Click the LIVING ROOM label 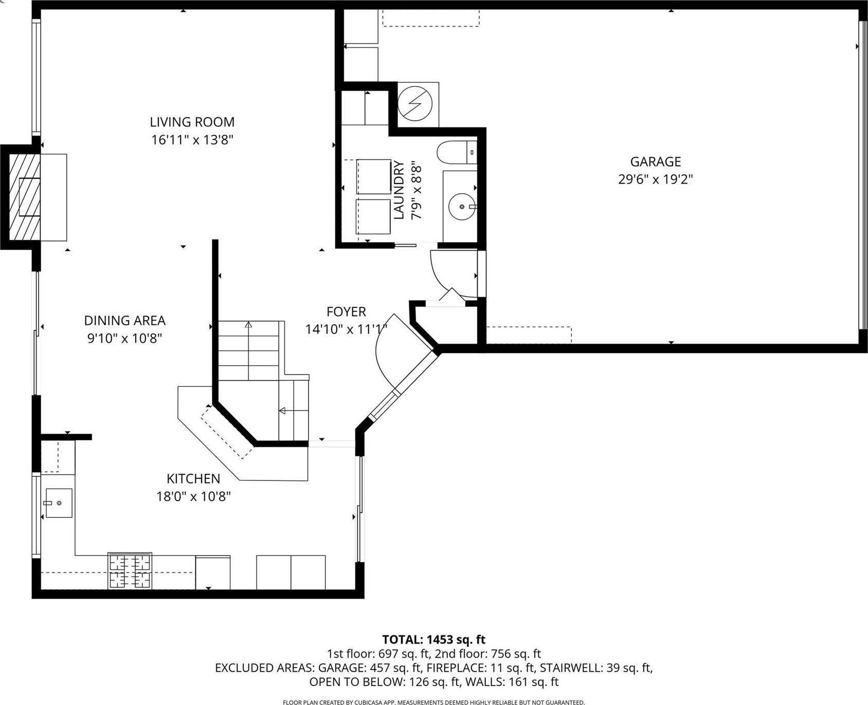coord(192,122)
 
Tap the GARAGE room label coord(656,161)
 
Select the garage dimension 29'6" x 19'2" coord(656,179)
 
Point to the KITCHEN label coord(193,478)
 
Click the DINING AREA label coord(125,320)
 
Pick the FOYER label coord(346,311)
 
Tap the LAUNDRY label coord(399,190)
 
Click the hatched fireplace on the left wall coord(25,197)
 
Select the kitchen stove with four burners coord(130,571)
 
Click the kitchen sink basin coord(58,503)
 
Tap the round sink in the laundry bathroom coord(462,207)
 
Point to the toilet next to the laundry coord(457,152)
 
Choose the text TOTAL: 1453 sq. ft coord(433,640)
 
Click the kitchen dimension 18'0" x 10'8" coord(193,496)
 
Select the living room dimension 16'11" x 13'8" coord(192,140)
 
